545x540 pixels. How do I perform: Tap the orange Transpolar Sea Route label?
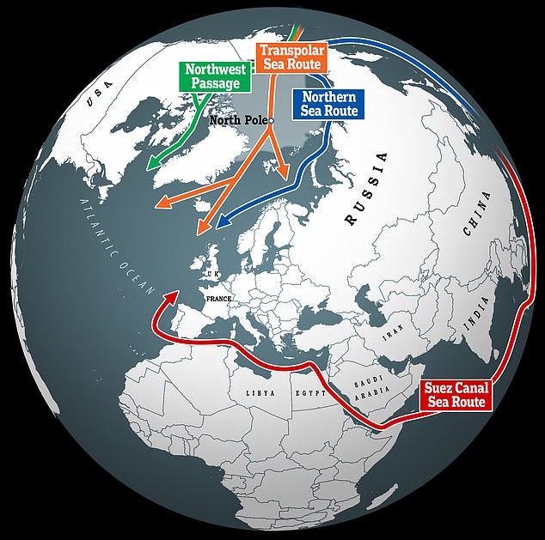coord(292,58)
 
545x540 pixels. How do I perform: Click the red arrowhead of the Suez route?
coord(175,295)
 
